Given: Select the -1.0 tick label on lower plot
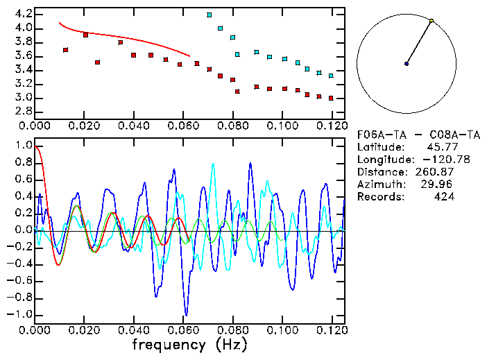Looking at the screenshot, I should click(x=20, y=314).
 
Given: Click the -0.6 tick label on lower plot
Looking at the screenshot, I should click(x=20, y=281).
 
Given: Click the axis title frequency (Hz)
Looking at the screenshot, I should click(x=189, y=344).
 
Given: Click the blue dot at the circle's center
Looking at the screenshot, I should click(x=407, y=64).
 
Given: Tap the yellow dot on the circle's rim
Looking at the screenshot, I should click(x=432, y=21).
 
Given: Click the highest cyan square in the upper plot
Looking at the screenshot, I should click(x=210, y=15).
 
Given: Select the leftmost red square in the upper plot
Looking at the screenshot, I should click(x=65, y=50).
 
